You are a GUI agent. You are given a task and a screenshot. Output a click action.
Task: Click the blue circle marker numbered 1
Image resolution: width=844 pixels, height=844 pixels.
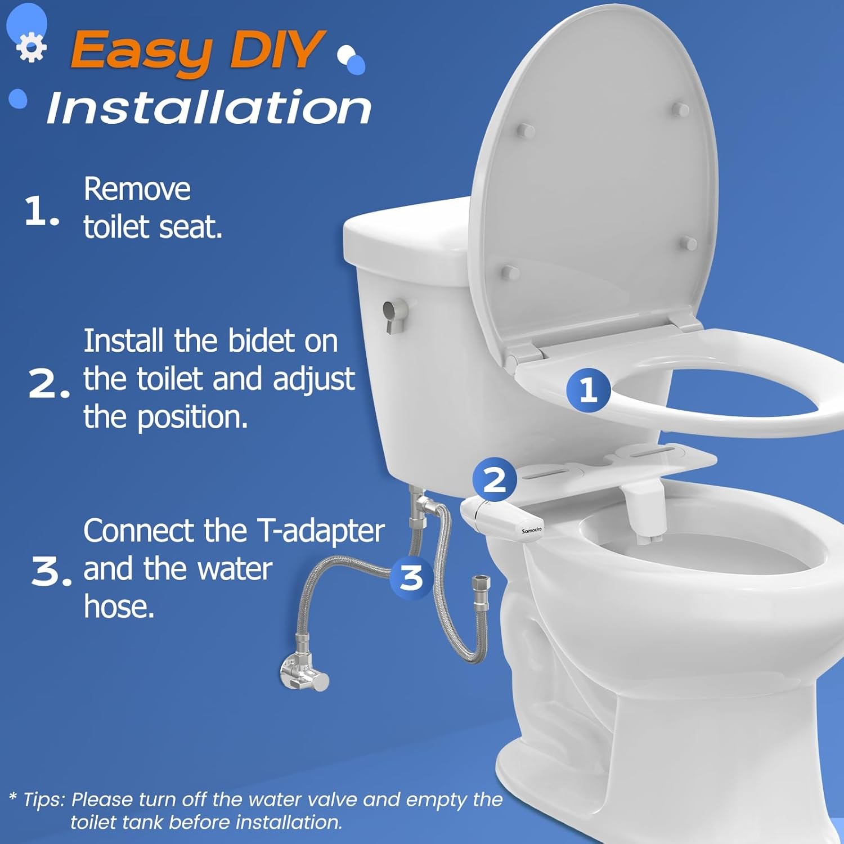pyautogui.click(x=588, y=389)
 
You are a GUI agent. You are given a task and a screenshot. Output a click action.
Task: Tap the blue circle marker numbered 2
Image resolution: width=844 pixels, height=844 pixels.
pyautogui.click(x=495, y=480)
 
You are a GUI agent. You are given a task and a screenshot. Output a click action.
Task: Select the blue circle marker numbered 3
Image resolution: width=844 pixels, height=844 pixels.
pyautogui.click(x=411, y=577)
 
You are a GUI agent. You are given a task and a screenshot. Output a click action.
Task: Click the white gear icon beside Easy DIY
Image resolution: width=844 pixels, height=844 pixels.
pyautogui.click(x=31, y=48)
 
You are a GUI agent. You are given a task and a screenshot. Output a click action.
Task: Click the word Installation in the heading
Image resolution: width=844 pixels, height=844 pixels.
pyautogui.click(x=209, y=108)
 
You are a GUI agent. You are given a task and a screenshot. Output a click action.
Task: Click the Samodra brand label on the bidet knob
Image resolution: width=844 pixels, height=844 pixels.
pyautogui.click(x=531, y=530)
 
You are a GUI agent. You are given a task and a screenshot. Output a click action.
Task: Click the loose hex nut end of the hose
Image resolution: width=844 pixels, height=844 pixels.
pyautogui.click(x=482, y=582)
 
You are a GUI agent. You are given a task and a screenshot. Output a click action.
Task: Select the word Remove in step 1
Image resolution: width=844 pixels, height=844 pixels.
pyautogui.click(x=137, y=189)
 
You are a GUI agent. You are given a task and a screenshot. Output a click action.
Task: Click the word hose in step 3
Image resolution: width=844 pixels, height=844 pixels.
pyautogui.click(x=119, y=607)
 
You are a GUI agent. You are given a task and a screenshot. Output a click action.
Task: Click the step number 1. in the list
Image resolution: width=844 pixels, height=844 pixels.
pyautogui.click(x=42, y=212)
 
